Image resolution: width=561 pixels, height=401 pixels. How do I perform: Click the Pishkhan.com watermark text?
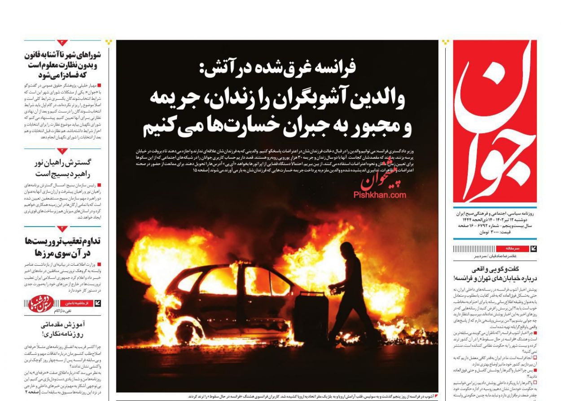pos(380,195)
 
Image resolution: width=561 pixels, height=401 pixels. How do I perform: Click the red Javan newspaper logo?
pos(495,121)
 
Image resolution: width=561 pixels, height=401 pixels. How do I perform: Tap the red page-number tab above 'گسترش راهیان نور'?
pos(62,151)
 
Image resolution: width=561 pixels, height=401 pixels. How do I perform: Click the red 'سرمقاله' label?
pos(512,248)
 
